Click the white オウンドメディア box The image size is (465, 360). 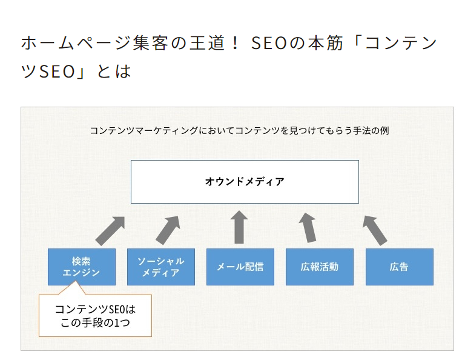click(245, 182)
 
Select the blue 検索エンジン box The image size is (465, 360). click(82, 267)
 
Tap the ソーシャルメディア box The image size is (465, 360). click(161, 267)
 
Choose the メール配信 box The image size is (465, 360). click(240, 267)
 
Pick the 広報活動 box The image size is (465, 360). click(320, 267)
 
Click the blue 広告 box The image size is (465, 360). click(400, 267)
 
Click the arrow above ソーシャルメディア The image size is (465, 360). click(168, 230)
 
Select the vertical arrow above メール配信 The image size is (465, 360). click(239, 227)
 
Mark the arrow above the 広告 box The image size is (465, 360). click(375, 230)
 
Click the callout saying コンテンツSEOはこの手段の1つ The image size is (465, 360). click(95, 316)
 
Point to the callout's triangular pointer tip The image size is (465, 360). click(75, 281)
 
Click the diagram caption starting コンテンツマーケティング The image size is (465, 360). click(239, 130)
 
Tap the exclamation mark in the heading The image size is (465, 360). click(235, 43)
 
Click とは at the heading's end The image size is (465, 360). click(114, 72)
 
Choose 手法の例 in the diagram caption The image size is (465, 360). click(371, 130)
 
